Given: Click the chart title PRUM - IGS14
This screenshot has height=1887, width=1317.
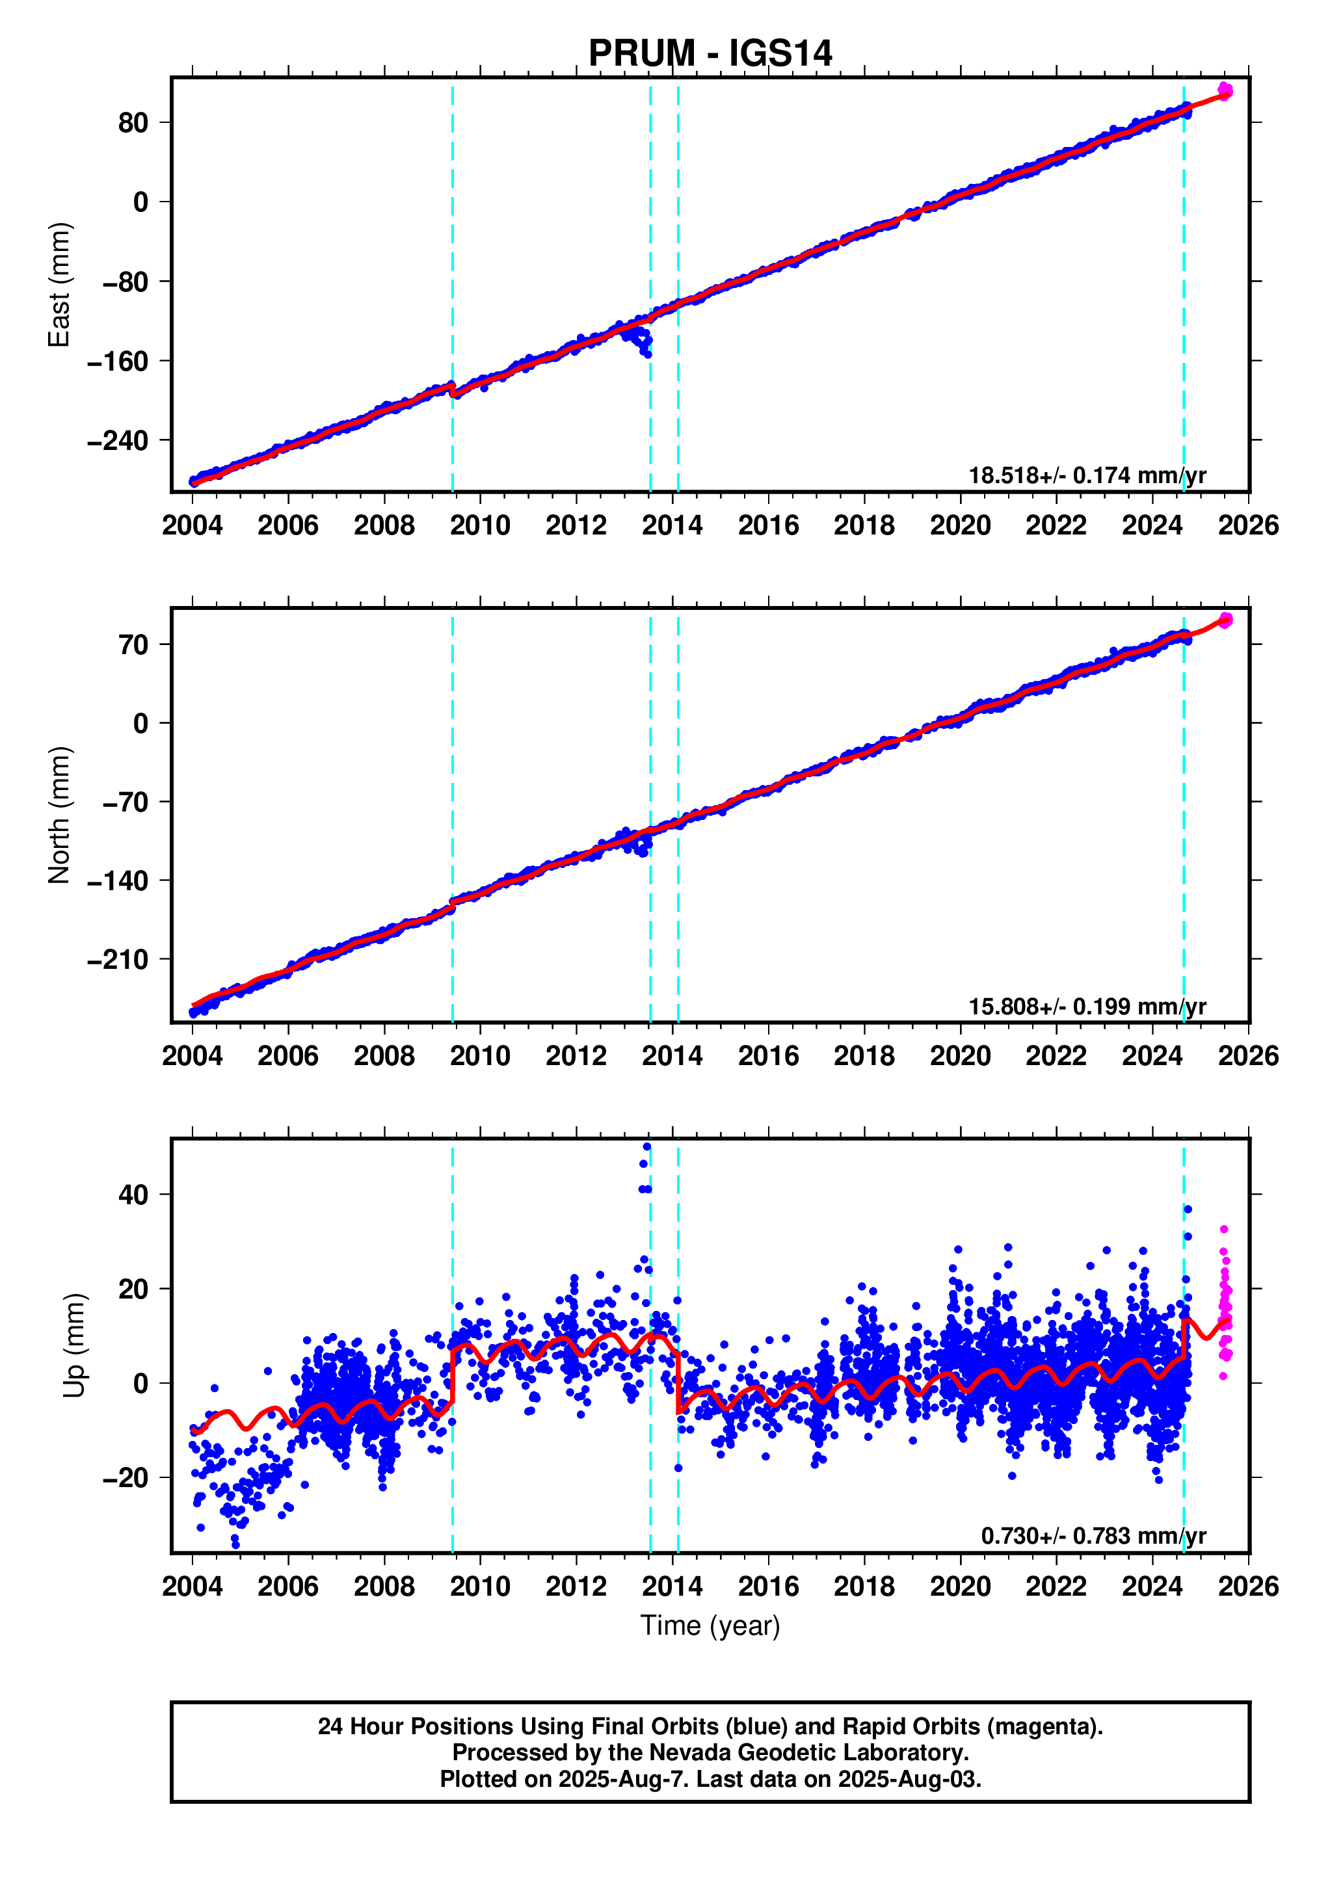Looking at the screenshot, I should [710, 53].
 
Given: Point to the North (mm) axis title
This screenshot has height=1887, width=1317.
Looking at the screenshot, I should [59, 815].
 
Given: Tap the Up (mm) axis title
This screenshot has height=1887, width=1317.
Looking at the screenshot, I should [74, 1345].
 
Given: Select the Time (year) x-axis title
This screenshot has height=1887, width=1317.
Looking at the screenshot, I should [710, 1626].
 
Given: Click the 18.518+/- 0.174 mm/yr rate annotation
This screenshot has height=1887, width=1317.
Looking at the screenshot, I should [1087, 475].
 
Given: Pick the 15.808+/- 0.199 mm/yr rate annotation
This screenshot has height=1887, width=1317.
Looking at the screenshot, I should [1087, 1006].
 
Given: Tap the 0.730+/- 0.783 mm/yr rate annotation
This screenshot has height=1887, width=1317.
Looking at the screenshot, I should [1093, 1536].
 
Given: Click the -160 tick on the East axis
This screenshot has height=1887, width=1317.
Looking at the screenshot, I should [118, 362].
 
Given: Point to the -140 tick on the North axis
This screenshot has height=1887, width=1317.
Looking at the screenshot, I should [118, 881].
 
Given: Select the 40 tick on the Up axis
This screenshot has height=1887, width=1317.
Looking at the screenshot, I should [133, 1195].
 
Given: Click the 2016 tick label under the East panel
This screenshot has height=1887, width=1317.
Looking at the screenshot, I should [768, 525].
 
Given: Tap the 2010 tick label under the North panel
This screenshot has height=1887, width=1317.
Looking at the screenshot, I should [480, 1056].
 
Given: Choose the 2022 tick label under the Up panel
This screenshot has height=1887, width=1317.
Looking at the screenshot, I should [1056, 1586].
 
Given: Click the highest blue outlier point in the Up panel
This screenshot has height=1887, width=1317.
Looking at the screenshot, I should [647, 1146].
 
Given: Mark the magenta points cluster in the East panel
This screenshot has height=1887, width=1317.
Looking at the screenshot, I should [1225, 91].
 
